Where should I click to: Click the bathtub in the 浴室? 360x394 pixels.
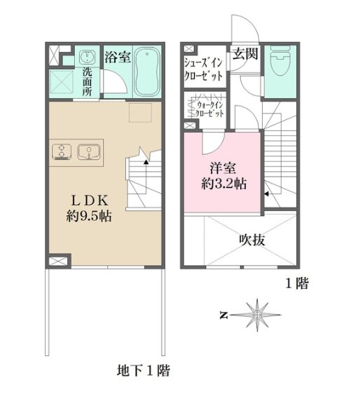pos(147,72)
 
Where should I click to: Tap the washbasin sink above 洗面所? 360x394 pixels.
pos(87,57)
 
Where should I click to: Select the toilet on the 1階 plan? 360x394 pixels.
pos(280,62)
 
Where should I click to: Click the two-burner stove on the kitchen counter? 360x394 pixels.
pos(62,151)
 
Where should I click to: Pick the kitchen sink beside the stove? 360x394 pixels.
pos(89,151)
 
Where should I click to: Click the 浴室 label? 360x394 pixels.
pos(118,57)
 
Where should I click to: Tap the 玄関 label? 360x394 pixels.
pos(245,53)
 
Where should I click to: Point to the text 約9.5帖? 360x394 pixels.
pos(89,216)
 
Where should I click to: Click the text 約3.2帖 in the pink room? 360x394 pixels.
pos(223,184)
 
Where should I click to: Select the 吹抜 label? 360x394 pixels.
pos(252,240)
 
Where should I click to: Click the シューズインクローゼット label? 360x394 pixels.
pos(203,69)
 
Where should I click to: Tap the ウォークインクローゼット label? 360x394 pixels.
pos(209,109)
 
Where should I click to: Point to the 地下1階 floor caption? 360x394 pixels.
pos(144,370)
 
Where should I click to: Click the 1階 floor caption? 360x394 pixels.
pos(297,283)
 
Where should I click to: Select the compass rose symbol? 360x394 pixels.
pos(256,315)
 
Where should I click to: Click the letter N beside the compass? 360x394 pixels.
pos(223,315)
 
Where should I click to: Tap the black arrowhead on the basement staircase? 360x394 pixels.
pos(146,162)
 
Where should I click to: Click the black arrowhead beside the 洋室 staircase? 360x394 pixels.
pos(266,193)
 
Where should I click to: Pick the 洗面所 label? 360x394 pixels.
pos(87,82)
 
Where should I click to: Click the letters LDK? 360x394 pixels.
pos(90,201)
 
